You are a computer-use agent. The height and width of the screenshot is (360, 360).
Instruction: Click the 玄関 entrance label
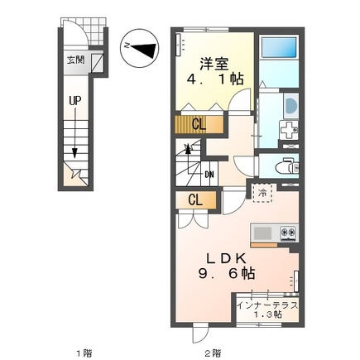pos(75,60)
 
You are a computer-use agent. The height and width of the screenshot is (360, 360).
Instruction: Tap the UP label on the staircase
pos(74,101)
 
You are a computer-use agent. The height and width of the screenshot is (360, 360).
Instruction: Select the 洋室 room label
pos(213,61)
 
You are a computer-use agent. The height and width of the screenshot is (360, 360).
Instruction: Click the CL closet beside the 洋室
pos(198,125)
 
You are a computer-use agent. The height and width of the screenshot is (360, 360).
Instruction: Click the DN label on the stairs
pos(209,174)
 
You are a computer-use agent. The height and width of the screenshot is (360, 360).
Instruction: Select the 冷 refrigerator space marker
pos(262,193)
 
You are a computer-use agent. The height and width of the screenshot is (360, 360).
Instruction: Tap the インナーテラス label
pos(265,306)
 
